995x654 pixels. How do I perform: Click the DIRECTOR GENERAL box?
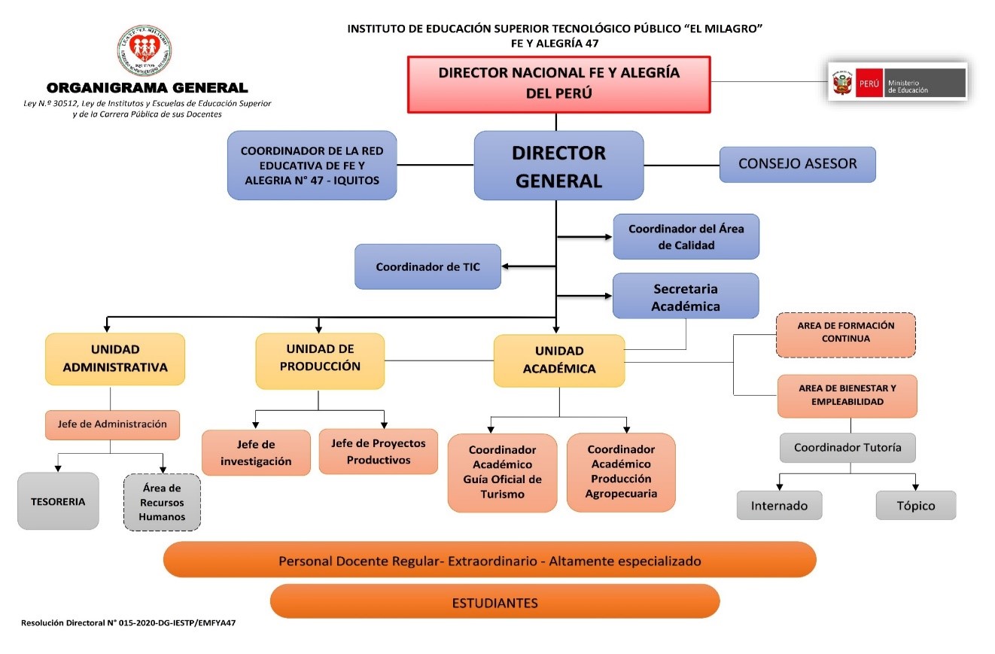558,166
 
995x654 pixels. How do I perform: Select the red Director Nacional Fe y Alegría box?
558,84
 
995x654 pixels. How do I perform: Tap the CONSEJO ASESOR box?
797,164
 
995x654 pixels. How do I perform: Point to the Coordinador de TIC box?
428,266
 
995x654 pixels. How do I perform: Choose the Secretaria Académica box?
685,297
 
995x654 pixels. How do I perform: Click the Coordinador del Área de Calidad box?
686,236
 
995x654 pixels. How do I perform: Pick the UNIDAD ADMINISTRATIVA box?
114,359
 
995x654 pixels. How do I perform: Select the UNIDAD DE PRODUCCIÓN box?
320,360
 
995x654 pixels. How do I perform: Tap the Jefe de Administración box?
112,424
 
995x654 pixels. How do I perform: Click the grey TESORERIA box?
58,501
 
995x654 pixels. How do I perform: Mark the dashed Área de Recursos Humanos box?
161,503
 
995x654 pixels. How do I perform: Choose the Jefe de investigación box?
256,452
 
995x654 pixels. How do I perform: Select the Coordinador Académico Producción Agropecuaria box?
621,472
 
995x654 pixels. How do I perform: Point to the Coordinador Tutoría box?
847,447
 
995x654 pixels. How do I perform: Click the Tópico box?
915,506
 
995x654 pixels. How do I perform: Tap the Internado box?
779,506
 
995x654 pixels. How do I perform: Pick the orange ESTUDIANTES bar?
494,602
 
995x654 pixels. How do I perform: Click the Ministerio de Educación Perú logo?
897,82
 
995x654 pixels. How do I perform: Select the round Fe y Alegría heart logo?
145,51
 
